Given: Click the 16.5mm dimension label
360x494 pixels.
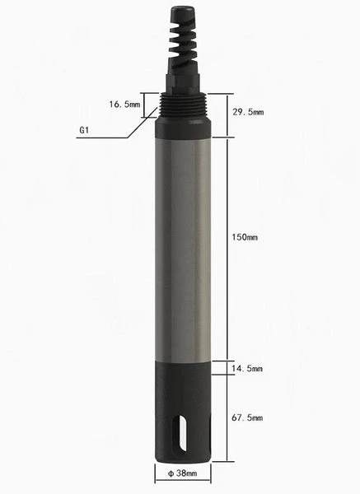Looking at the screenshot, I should pyautogui.click(x=124, y=105).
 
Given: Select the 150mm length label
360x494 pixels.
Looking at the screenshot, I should pyautogui.click(x=245, y=237).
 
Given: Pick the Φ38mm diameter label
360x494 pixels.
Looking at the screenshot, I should pyautogui.click(x=183, y=474).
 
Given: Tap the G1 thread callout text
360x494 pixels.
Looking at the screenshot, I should pyautogui.click(x=85, y=130).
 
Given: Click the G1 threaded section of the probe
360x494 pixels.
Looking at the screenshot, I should pyautogui.click(x=183, y=104).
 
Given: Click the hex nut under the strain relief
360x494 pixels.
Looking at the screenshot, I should pyautogui.click(x=183, y=83).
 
